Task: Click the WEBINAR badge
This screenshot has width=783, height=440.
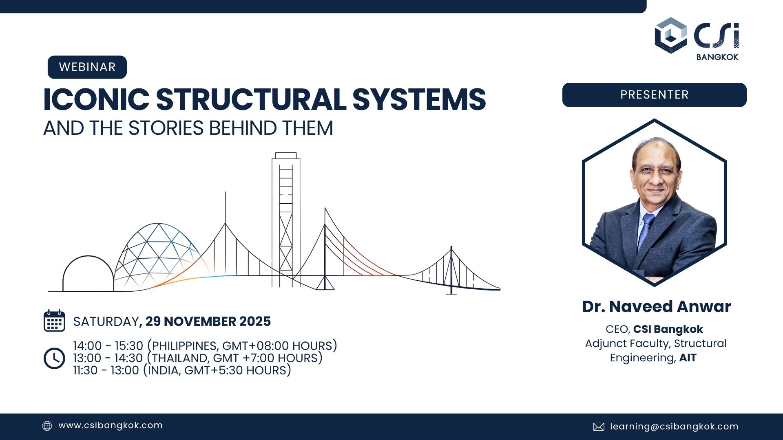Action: click(x=87, y=67)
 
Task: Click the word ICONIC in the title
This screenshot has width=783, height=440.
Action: click(x=96, y=100)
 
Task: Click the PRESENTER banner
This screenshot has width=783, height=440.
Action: click(x=654, y=95)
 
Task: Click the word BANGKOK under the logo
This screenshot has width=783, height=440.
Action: click(x=717, y=57)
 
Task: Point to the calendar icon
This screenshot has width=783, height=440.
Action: click(x=54, y=321)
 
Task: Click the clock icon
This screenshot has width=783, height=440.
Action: click(x=54, y=359)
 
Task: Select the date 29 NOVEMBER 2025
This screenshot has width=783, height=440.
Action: click(x=208, y=321)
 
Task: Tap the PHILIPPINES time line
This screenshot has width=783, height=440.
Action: click(x=205, y=346)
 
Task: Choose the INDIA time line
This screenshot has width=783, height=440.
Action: click(x=182, y=370)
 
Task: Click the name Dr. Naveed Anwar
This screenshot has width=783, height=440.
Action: click(x=656, y=307)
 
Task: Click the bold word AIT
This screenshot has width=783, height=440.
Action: click(x=688, y=358)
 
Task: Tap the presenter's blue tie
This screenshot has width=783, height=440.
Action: click(x=646, y=228)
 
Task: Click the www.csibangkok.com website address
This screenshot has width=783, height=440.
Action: click(x=111, y=426)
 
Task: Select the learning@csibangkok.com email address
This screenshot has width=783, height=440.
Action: click(x=674, y=427)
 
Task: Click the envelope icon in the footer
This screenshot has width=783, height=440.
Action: click(x=598, y=427)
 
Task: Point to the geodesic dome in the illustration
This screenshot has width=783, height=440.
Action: click(x=157, y=253)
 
